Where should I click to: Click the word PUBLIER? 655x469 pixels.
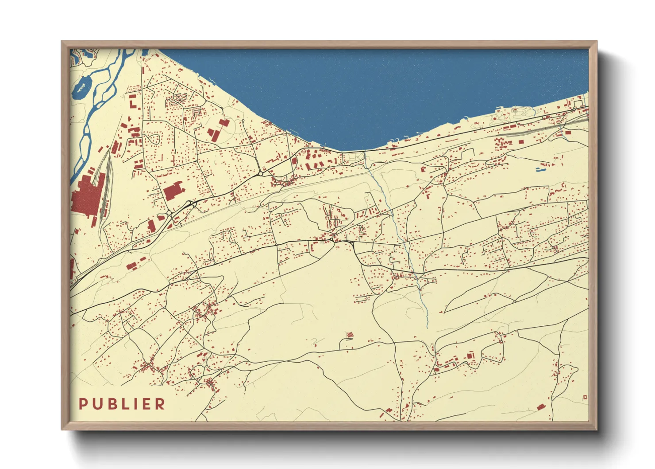[x=122, y=404]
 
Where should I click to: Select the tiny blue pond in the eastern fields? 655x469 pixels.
[x=540, y=169]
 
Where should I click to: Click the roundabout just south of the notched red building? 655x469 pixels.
[x=169, y=213]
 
